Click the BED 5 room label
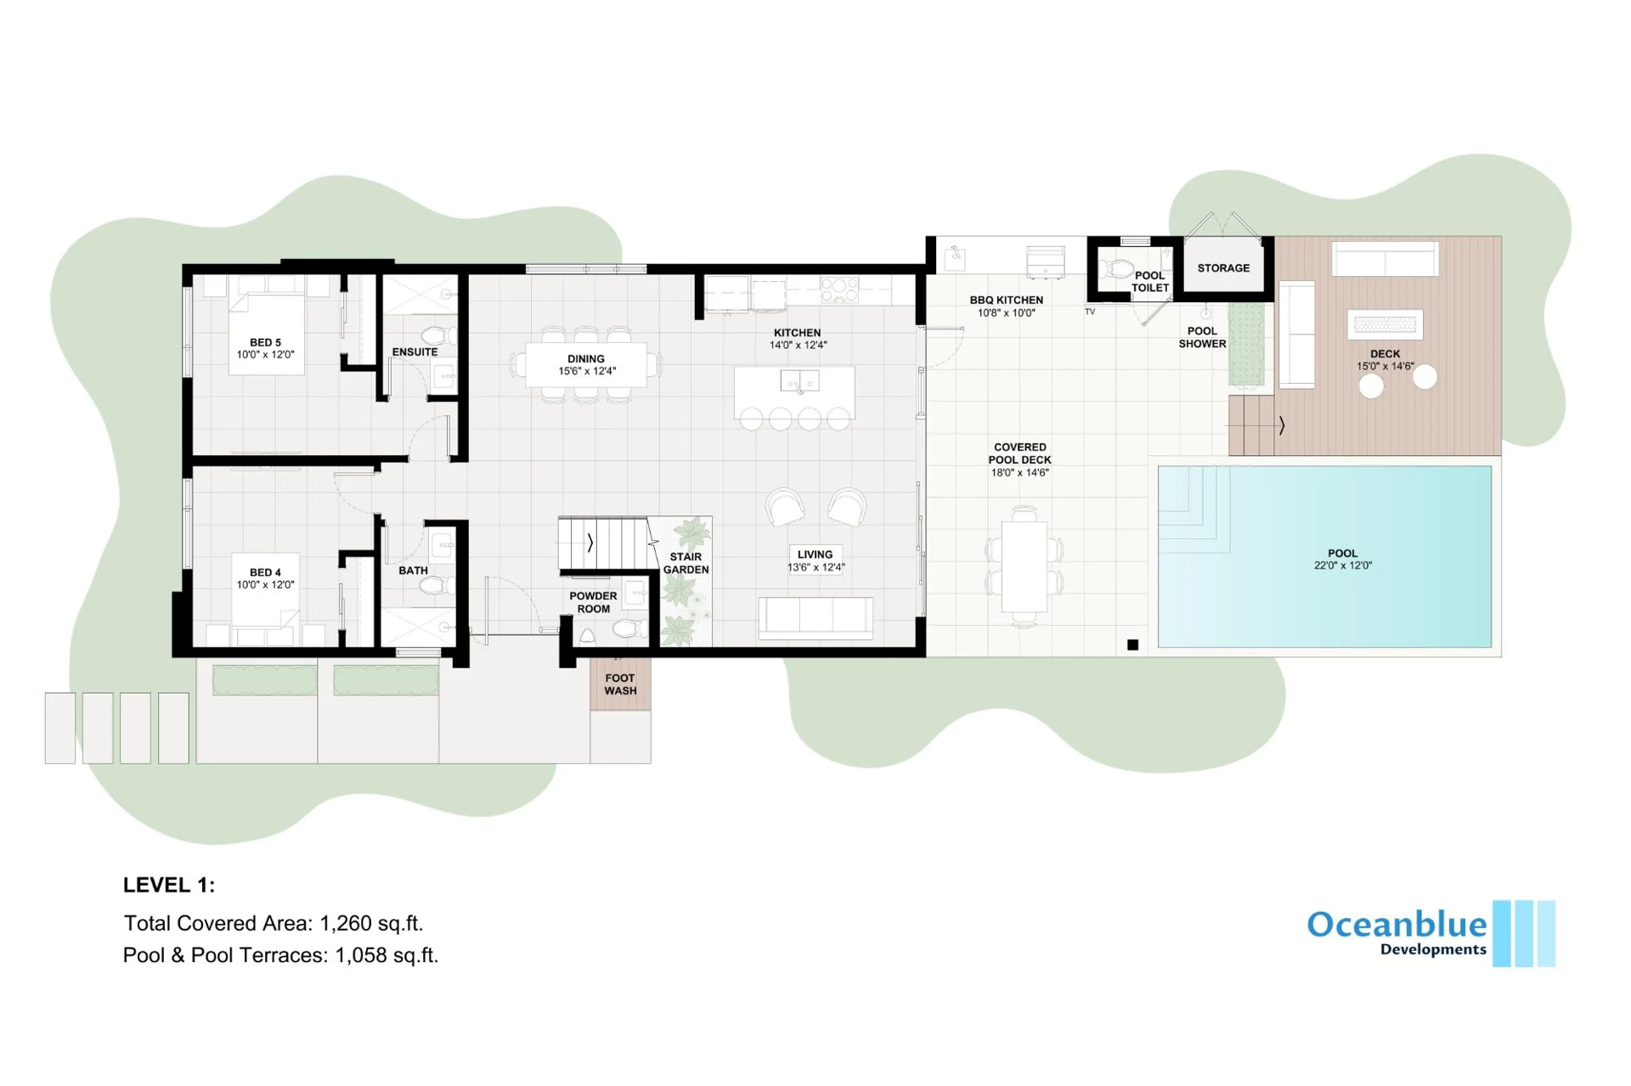click(x=265, y=343)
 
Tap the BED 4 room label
click(x=265, y=572)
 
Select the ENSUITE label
click(x=415, y=352)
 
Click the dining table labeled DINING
click(x=586, y=365)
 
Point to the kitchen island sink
click(x=799, y=381)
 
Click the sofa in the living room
click(x=815, y=616)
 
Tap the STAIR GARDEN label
click(x=686, y=563)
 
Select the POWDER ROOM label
click(x=593, y=602)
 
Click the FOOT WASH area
click(x=620, y=684)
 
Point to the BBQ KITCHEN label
click(x=1007, y=300)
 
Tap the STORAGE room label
click(x=1223, y=267)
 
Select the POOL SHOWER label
click(x=1202, y=337)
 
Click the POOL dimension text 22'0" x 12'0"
click(x=1342, y=566)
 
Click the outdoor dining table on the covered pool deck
click(x=1024, y=566)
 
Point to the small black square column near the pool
click(x=1132, y=644)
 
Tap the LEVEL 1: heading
click(x=169, y=885)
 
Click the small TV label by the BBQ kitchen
click(x=1090, y=312)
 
